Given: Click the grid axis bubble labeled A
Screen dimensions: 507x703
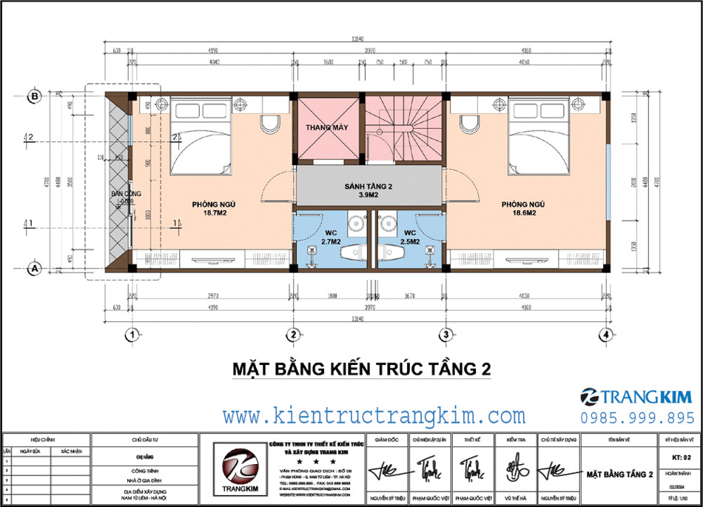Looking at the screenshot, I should click(x=33, y=269).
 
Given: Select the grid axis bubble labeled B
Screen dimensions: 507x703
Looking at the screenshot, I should click(x=33, y=95).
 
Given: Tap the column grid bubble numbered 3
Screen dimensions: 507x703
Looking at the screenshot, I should click(x=446, y=335).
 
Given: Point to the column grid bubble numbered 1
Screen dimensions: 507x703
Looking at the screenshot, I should click(x=132, y=335).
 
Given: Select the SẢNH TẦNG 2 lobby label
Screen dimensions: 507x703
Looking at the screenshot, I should click(x=367, y=189).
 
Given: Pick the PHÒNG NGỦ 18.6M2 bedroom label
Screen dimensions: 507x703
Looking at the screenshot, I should click(x=522, y=208).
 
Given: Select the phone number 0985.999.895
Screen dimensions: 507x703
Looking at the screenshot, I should click(x=638, y=418).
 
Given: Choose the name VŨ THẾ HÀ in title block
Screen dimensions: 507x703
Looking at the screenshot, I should click(x=514, y=499).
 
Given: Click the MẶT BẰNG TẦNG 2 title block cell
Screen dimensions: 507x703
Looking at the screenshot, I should click(x=618, y=474).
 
